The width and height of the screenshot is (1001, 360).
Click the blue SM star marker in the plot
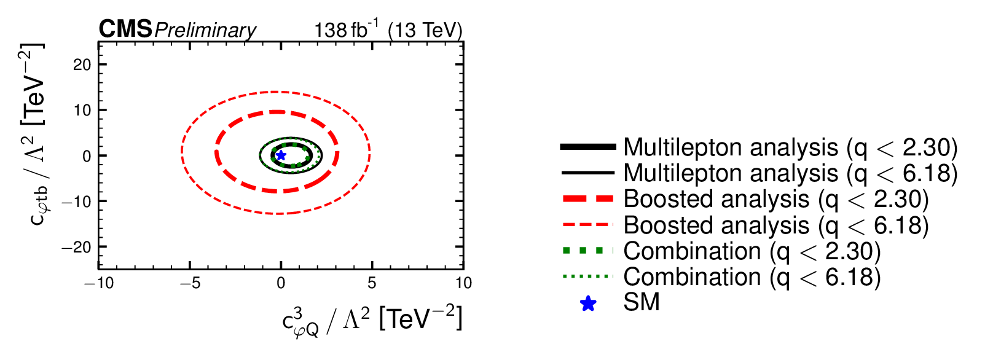point(281,155)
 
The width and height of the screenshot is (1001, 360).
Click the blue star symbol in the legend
point(588,303)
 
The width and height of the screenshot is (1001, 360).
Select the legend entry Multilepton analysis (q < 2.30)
point(790,147)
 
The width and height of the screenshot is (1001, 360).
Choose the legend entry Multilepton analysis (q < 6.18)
point(790,173)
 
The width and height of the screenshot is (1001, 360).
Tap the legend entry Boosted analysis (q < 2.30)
point(775,199)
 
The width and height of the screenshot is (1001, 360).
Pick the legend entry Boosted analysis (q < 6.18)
point(775,225)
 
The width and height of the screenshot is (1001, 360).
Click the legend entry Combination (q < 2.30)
point(752,251)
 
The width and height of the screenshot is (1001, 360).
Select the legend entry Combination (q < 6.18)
point(752,277)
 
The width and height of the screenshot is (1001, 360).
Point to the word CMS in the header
point(125,29)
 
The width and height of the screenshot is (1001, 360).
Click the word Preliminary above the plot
point(205,30)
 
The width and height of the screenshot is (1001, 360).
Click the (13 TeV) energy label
point(425,30)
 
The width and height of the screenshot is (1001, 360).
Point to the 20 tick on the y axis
point(82,65)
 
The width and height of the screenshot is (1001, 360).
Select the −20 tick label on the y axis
point(77,247)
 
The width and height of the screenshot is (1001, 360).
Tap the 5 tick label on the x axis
point(372,283)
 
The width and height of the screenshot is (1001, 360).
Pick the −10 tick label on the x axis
point(99,283)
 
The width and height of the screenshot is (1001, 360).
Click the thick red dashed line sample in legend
point(588,199)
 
